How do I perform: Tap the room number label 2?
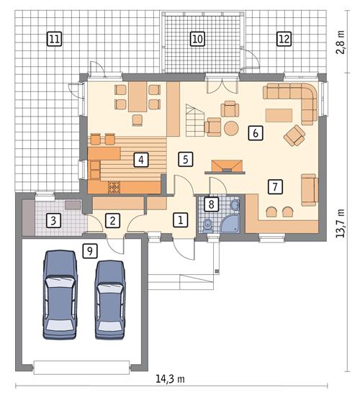[112, 221]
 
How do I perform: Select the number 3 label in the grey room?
[53, 221]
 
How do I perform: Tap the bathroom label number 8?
[210, 205]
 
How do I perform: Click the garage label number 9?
[89, 250]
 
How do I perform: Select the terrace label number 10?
[197, 39]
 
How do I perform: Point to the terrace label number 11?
[53, 39]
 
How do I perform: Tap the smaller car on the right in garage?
[111, 298]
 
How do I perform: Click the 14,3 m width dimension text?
[171, 378]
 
